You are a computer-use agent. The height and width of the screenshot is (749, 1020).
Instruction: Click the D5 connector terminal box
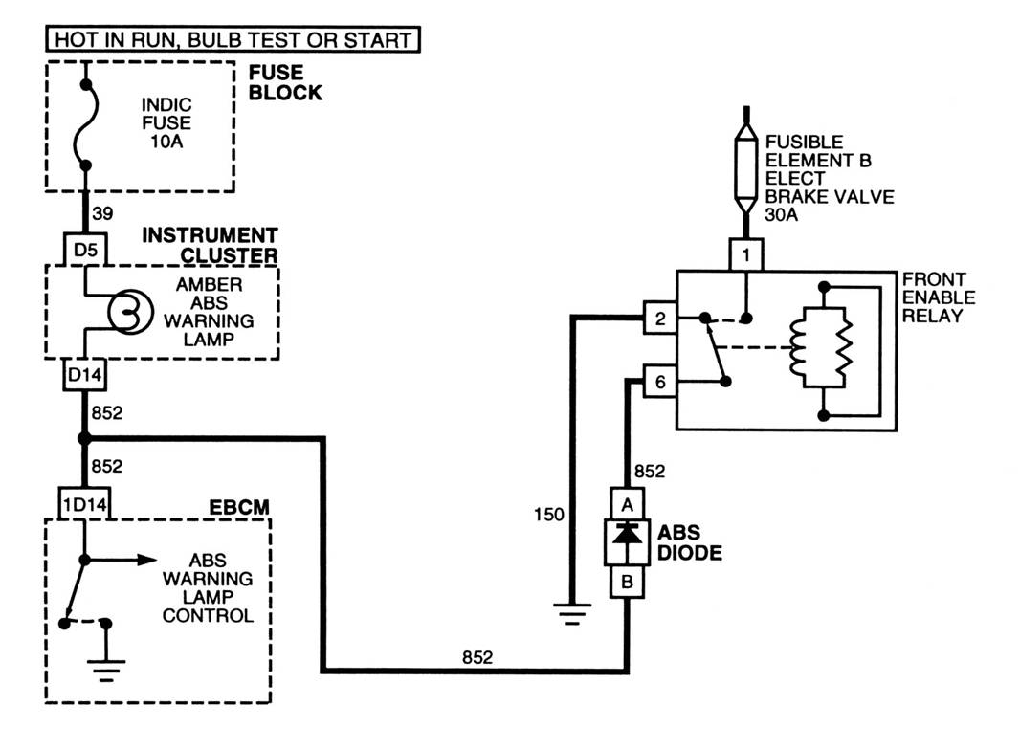tap(85, 250)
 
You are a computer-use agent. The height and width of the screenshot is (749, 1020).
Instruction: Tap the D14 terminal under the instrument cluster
tap(85, 375)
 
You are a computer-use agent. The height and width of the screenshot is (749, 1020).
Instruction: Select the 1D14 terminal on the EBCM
tap(84, 504)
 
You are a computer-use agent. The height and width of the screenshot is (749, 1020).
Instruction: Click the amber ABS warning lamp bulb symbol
tap(130, 312)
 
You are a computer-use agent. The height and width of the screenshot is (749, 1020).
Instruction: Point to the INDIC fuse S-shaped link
tap(87, 124)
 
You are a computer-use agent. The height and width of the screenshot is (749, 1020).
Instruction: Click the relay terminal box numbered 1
tap(746, 254)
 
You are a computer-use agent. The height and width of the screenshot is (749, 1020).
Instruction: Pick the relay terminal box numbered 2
tap(660, 318)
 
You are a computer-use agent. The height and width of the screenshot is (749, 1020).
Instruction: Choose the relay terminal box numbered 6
tap(660, 381)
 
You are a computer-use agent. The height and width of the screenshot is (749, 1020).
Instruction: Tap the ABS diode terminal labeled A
tap(627, 504)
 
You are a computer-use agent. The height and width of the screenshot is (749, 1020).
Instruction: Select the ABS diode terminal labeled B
tap(627, 582)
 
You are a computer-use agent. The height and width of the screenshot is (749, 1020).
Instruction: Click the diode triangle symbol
tap(627, 534)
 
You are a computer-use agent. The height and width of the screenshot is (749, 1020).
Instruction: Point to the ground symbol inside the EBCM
tap(106, 671)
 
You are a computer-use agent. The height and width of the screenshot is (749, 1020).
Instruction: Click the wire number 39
tap(102, 213)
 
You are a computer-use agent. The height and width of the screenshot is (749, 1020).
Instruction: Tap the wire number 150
tap(548, 515)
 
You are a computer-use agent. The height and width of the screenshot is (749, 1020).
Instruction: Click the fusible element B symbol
tap(746, 169)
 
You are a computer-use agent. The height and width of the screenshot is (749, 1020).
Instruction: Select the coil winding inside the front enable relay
tap(798, 347)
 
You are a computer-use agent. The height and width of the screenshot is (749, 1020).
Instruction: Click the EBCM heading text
tap(239, 507)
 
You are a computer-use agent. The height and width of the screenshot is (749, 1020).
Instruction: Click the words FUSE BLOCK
tap(285, 82)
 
